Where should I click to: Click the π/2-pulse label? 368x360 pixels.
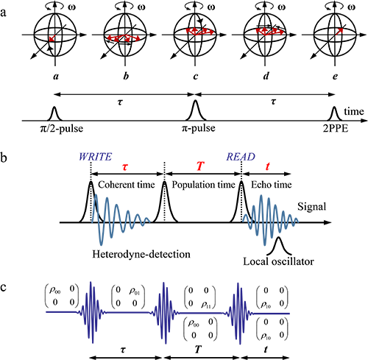62,128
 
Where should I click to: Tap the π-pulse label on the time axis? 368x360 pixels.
198,128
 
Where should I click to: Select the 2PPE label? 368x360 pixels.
336,129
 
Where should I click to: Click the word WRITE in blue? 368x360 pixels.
95,157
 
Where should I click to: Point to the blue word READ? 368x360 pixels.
241,157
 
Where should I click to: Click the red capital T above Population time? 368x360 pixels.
200,166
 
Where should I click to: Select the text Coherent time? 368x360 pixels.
127,185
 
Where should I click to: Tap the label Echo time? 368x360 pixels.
272,185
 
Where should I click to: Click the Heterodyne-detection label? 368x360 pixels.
141,254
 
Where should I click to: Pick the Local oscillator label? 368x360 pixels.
278,261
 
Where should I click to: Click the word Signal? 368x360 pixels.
312,207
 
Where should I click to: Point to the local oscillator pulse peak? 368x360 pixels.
278,237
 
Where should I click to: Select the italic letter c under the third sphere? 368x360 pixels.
196,77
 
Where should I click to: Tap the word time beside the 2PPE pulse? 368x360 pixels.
354,112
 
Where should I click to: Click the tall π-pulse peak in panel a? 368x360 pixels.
195,101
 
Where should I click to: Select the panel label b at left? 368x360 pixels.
4,158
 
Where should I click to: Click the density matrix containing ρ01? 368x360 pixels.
128,297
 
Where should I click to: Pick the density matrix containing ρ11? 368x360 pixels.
200,297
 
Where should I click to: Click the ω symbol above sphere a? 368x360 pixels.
72,7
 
